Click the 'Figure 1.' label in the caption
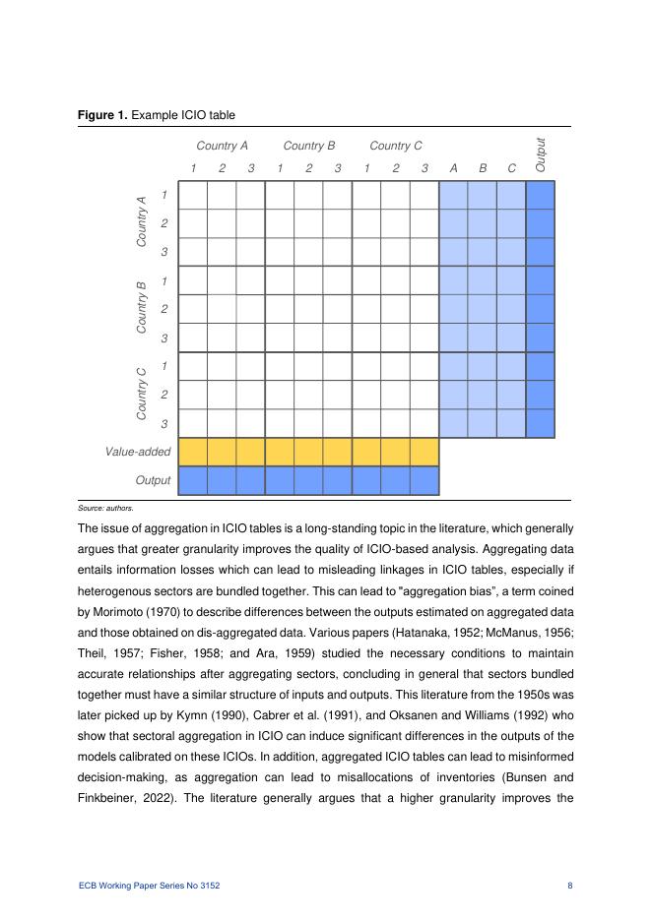pyautogui.click(x=103, y=116)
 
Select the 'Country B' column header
pyautogui.click(x=309, y=146)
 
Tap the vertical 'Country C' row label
pyautogui.click(x=142, y=394)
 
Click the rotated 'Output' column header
pyautogui.click(x=540, y=155)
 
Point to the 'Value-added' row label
pyautogui.click(x=138, y=452)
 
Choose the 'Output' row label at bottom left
pyautogui.click(x=153, y=480)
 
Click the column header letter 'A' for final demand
pyautogui.click(x=453, y=168)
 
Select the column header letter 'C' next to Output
pyautogui.click(x=511, y=168)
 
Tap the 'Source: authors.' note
pyautogui.click(x=104, y=508)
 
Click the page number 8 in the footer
pyautogui.click(x=570, y=886)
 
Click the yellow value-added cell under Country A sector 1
pyautogui.click(x=193, y=452)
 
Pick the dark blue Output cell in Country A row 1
pyautogui.click(x=541, y=195)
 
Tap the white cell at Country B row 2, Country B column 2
pyautogui.click(x=308, y=309)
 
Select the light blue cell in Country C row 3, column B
pyautogui.click(x=483, y=423)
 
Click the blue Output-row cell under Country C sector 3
pyautogui.click(x=424, y=480)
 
